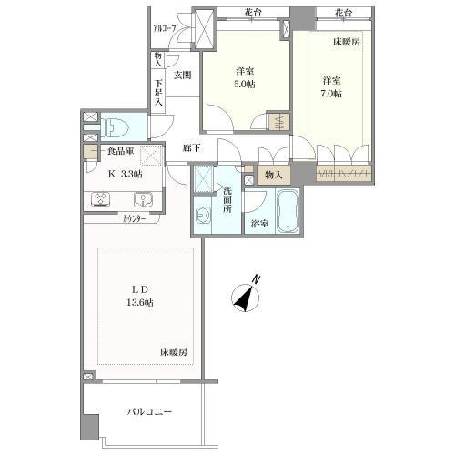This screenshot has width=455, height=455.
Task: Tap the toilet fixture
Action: coord(116,126)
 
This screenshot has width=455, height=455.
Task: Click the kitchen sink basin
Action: coord(143,200)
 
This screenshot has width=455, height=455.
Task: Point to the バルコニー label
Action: coord(148,412)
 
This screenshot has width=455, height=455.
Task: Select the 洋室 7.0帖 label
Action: coord(330,87)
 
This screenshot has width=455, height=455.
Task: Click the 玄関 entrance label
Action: coord(182,76)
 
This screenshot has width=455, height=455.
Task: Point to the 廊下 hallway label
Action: coord(191,148)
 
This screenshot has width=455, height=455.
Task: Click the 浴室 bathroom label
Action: coord(258,223)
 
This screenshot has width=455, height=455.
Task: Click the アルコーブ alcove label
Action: coord(165,29)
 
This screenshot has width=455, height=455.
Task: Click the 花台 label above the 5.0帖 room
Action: coord(253,11)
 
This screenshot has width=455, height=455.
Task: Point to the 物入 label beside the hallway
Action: coord(273,174)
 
